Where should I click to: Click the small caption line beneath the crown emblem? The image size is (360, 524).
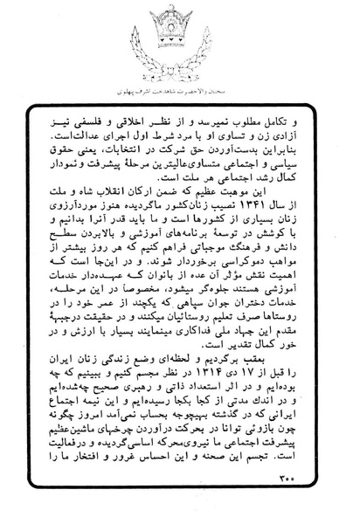tap(179, 89)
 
